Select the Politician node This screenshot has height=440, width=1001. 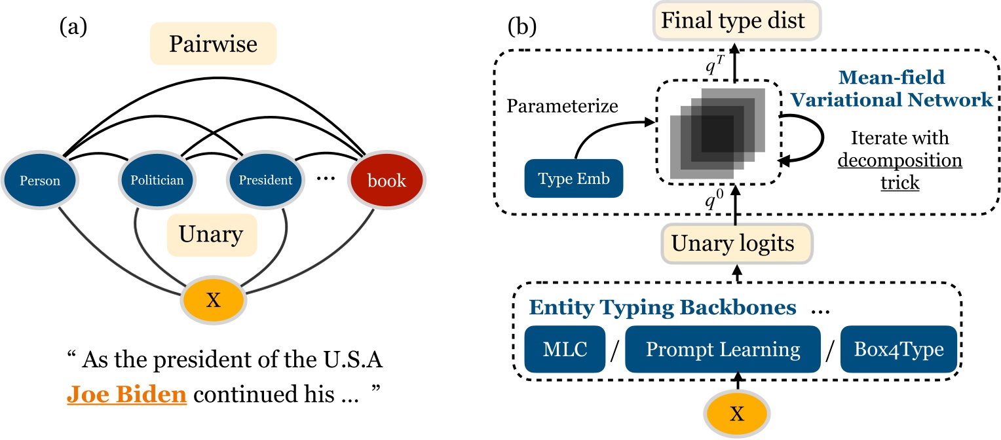(x=151, y=181)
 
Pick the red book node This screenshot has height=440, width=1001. (x=387, y=181)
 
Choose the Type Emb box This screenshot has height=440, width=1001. (x=573, y=179)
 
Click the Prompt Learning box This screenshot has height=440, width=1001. (x=723, y=350)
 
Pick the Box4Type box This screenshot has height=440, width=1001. (x=897, y=350)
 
